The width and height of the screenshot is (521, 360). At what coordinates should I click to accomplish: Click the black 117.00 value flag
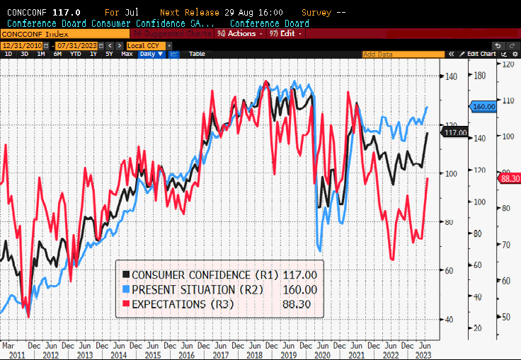pyautogui.click(x=454, y=132)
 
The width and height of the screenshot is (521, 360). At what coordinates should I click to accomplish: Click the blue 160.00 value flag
pyautogui.click(x=484, y=107)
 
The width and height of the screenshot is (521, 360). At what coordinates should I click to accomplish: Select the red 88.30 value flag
pyautogui.click(x=510, y=179)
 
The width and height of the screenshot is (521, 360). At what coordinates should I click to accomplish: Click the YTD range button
pyautogui.click(x=74, y=54)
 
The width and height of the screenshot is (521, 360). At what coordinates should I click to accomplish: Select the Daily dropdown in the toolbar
pyautogui.click(x=151, y=54)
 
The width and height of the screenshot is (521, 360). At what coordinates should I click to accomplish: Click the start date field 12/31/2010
pyautogui.click(x=22, y=45)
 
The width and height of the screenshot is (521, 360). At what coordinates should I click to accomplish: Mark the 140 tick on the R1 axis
pyautogui.click(x=450, y=76)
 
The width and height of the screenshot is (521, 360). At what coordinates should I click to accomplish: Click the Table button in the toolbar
pyautogui.click(x=197, y=54)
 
